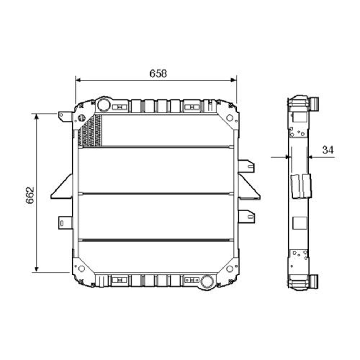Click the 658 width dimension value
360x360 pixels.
(x=158, y=73)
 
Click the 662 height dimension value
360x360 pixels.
(x=30, y=195)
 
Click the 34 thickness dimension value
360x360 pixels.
(x=327, y=150)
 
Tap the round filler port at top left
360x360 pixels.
(x=103, y=105)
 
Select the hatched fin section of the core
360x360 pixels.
(x=90, y=131)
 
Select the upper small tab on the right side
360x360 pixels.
(x=247, y=166)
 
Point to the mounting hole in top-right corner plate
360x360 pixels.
(x=229, y=117)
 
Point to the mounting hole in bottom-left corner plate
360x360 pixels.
(x=82, y=268)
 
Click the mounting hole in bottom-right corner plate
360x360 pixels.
(x=229, y=269)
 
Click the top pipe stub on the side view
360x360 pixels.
(x=315, y=104)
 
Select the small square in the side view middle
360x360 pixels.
(x=298, y=223)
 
